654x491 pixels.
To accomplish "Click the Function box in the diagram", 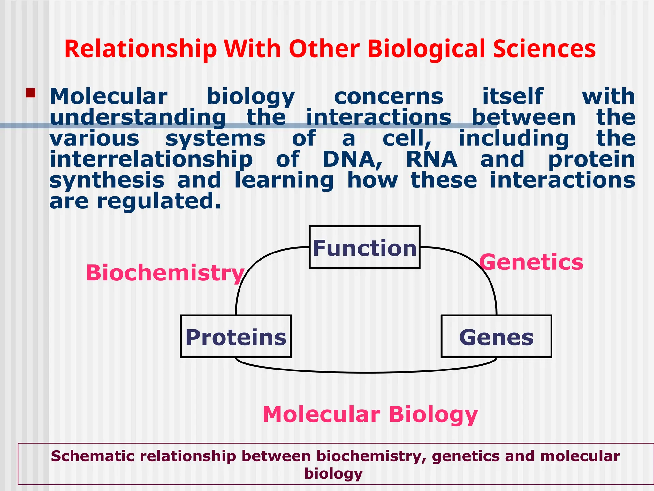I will [364, 247].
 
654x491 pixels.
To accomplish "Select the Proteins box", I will [236, 336].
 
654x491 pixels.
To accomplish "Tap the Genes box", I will [496, 336].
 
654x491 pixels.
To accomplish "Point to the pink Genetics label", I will [531, 262].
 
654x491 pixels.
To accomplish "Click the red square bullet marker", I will [31, 93].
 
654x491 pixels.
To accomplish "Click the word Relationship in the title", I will [141, 49].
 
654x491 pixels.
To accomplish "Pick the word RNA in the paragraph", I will [431, 159].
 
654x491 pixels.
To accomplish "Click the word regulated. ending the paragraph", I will [159, 201].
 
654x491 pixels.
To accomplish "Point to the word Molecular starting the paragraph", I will [109, 96].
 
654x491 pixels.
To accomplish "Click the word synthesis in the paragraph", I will [107, 180].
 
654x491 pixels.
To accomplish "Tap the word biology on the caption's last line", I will [333, 473].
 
